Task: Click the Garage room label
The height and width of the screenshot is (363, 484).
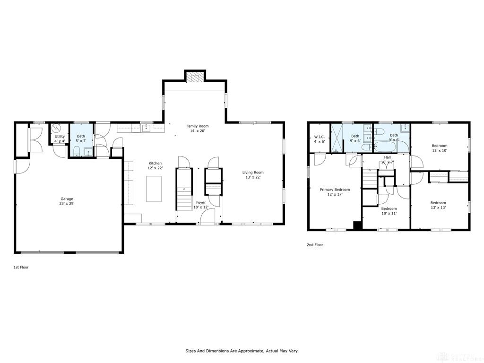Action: click(x=67, y=199)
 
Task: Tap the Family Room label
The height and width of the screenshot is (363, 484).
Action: click(x=198, y=126)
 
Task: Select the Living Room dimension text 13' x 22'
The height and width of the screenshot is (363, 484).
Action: click(x=253, y=177)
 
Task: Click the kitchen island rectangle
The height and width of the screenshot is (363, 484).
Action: click(x=154, y=189)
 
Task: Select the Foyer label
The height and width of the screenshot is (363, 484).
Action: click(x=201, y=202)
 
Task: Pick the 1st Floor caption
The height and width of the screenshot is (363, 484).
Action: click(x=21, y=268)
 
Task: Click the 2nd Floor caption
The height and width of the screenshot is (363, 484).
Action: click(x=315, y=245)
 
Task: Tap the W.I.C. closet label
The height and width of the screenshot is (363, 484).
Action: click(x=320, y=137)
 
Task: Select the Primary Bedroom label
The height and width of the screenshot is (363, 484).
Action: click(x=335, y=190)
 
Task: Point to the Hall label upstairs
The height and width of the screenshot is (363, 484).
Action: click(x=388, y=157)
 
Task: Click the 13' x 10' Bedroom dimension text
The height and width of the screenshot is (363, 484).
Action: click(x=440, y=151)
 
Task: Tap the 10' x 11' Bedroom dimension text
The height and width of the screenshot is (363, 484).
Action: click(x=389, y=213)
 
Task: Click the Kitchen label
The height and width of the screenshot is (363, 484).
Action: click(x=155, y=163)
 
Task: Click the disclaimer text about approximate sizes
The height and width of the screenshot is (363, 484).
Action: click(x=242, y=351)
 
